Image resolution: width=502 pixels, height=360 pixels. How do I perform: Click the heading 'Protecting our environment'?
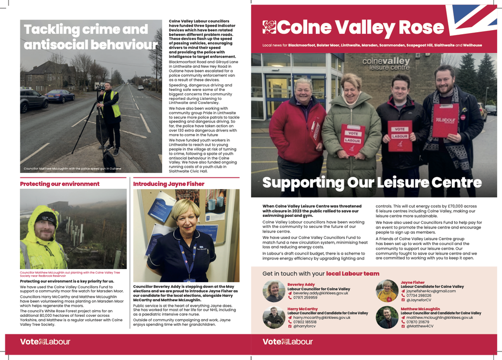point(60,184)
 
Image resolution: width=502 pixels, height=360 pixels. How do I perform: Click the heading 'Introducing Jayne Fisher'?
point(169,184)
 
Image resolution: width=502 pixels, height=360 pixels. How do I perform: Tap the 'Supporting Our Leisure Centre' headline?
point(372,183)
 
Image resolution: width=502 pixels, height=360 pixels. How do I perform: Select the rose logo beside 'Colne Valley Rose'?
point(269,27)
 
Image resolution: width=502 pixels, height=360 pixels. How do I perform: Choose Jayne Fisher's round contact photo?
point(387,291)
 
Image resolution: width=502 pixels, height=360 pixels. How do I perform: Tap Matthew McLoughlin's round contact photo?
point(387,317)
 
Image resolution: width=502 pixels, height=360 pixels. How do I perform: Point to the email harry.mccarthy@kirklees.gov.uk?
point(322,317)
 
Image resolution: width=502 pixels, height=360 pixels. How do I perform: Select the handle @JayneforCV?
point(420,300)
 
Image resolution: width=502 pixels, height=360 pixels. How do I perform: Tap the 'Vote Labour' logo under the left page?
point(45,342)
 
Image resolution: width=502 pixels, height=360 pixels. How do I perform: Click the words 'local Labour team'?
point(352,274)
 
